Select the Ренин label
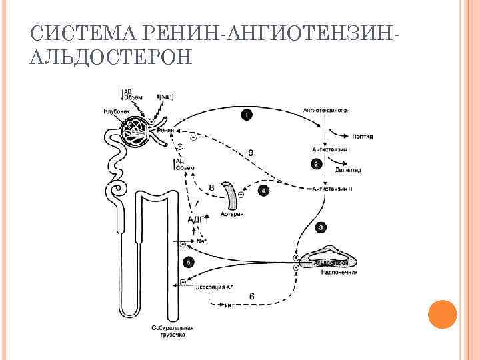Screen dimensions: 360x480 point(165,131)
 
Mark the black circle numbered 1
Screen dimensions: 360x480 point(247,115)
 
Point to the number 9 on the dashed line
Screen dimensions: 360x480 point(251,153)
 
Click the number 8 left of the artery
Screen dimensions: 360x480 point(211,189)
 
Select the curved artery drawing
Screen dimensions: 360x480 point(232,195)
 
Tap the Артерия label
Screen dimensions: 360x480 point(233,215)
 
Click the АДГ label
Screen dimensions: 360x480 point(196,219)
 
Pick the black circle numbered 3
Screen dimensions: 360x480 point(321,227)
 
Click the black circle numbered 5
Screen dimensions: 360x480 point(189,263)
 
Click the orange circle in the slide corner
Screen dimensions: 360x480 point(441,313)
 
